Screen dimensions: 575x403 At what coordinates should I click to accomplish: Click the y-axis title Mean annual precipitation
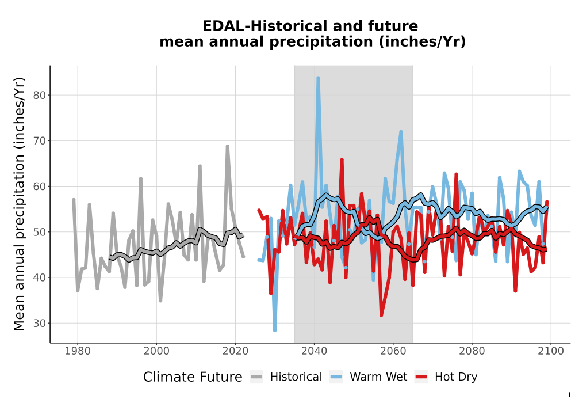point(19,204)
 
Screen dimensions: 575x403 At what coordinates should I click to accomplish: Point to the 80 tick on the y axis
point(40,96)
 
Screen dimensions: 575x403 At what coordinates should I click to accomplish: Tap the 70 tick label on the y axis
point(40,141)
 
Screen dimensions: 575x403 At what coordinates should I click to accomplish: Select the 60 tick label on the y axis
point(40,187)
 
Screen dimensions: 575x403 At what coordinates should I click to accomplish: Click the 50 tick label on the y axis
point(40,232)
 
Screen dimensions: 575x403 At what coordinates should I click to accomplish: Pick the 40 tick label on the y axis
point(40,277)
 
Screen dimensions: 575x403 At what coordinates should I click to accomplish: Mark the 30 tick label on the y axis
point(40,324)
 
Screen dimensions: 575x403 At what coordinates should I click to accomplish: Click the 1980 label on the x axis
point(78,351)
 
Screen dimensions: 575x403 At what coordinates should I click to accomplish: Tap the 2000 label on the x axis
point(156,351)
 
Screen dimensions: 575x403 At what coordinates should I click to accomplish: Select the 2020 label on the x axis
point(235,351)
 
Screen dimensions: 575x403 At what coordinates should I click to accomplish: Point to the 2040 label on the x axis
point(315,351)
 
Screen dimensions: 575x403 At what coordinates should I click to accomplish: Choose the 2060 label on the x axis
point(393,351)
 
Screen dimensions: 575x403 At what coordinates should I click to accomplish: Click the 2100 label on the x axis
point(551,351)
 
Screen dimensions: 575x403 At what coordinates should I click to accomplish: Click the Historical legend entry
point(286,377)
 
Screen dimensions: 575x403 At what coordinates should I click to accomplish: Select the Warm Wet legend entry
point(368,377)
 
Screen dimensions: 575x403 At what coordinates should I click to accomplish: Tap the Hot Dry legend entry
point(446,377)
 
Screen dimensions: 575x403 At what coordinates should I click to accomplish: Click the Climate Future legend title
point(193,377)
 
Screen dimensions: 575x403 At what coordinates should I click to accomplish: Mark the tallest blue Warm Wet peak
point(318,78)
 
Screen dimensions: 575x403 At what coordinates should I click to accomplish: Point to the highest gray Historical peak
point(227,146)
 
